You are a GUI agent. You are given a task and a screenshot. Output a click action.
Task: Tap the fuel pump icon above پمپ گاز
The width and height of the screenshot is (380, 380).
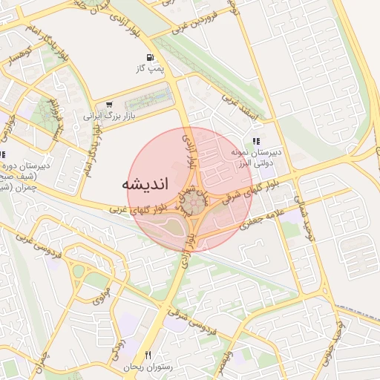coord(151,57)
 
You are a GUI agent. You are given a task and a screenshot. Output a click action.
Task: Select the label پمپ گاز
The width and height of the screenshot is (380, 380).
coord(148,68)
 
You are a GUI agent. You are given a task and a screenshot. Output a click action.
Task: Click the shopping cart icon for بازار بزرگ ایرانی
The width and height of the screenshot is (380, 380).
coord(110,105)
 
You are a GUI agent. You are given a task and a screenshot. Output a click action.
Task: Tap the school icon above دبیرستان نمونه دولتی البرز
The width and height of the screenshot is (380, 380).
coord(256,140)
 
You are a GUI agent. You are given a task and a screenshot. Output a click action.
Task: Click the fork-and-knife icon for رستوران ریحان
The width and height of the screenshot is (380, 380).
coord(148,355)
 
